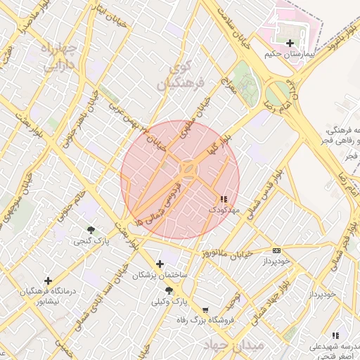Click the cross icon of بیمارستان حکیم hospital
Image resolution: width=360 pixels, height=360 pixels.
pyautogui.click(x=290, y=43)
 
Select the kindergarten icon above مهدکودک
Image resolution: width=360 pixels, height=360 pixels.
pyautogui.click(x=224, y=200)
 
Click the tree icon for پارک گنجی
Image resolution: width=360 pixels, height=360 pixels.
pyautogui.click(x=91, y=230)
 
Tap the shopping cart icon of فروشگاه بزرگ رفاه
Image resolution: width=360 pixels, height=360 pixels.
pyautogui.click(x=205, y=309)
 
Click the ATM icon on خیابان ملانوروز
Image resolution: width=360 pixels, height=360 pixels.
pyautogui.click(x=276, y=250)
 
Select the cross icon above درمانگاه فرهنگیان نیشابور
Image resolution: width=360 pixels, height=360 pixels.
pyautogui.click(x=48, y=281)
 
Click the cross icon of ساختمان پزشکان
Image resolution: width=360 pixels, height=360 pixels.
pyautogui.click(x=160, y=264)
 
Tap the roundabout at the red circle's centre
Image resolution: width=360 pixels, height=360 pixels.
pyautogui.click(x=188, y=169)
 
